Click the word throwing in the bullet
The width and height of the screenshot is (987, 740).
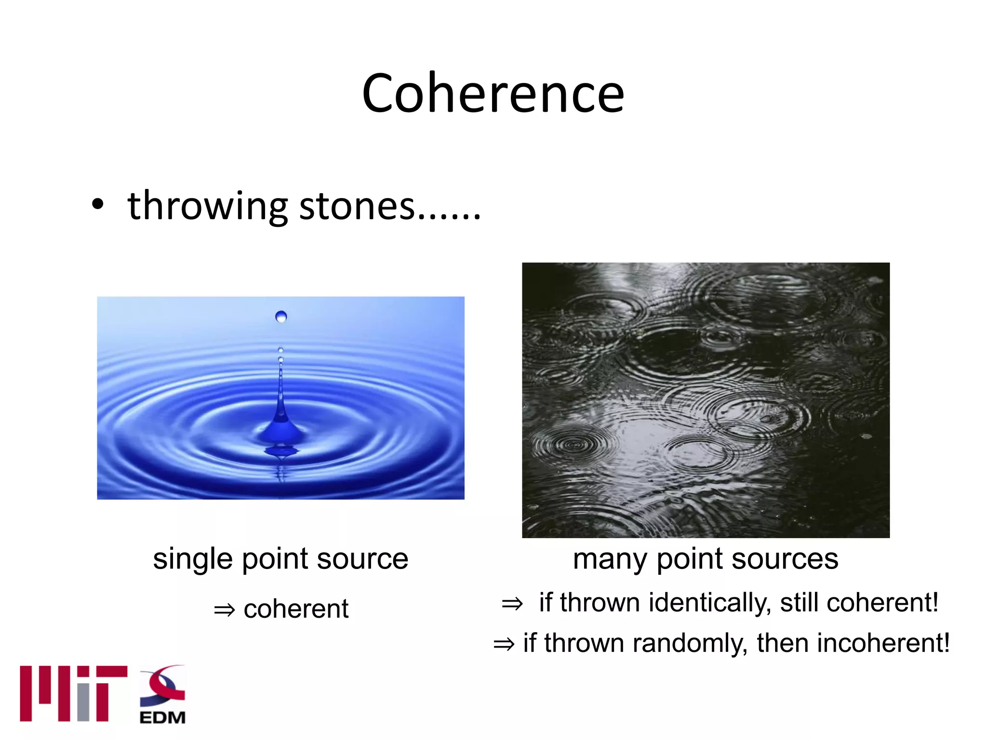point(207,206)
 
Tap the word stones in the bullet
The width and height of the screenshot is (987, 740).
point(357,206)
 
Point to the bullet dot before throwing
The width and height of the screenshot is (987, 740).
point(98,204)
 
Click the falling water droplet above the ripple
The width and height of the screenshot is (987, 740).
point(281,317)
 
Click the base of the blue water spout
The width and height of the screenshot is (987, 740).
point(281,431)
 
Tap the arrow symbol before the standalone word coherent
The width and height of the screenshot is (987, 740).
point(225,610)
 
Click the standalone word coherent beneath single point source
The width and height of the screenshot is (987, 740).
point(296,609)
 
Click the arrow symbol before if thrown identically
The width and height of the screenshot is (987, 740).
point(512,604)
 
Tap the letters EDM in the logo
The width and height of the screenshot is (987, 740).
point(162,717)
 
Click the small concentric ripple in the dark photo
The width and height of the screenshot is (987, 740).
point(573,444)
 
